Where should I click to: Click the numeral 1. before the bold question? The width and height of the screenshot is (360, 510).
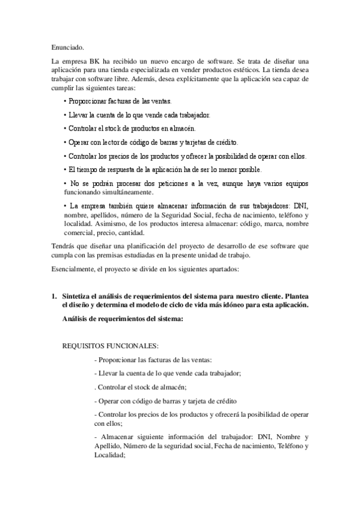coord(53,296)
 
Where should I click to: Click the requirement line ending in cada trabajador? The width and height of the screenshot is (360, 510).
coord(168,373)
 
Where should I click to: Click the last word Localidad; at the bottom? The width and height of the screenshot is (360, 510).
coord(106,455)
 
